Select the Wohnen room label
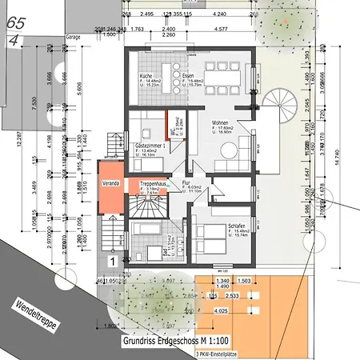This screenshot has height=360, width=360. click(x=222, y=123)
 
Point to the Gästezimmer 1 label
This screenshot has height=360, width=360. click(x=150, y=146)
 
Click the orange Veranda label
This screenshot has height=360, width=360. click(x=110, y=182)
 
